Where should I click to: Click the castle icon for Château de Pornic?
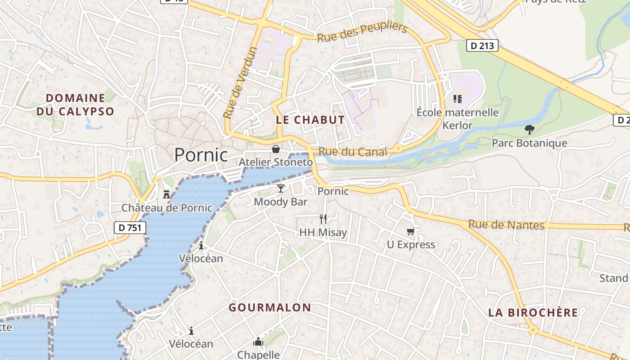[x=166, y=194]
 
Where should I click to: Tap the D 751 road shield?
[x=130, y=228]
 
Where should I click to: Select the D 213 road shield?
[x=482, y=45]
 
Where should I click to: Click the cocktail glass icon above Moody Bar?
[x=281, y=188]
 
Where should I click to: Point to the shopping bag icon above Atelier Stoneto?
[x=275, y=148]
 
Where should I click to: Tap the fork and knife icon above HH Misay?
[x=323, y=219]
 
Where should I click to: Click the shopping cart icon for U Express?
[x=410, y=231]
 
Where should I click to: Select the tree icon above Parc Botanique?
[x=529, y=130]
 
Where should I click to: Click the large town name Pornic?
[x=201, y=155]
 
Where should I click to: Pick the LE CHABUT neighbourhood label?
[x=310, y=120]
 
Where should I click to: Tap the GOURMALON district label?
[x=270, y=308]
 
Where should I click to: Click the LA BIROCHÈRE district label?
[x=533, y=313]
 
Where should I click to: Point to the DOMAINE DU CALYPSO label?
[x=75, y=104]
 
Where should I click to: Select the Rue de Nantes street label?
[x=506, y=225]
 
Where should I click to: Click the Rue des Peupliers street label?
[x=362, y=32]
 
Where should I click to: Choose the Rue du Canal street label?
[x=353, y=152]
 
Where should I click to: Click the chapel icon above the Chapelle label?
[x=258, y=342]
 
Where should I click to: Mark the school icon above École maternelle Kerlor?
[x=458, y=99]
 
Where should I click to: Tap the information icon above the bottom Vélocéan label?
[x=191, y=331]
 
